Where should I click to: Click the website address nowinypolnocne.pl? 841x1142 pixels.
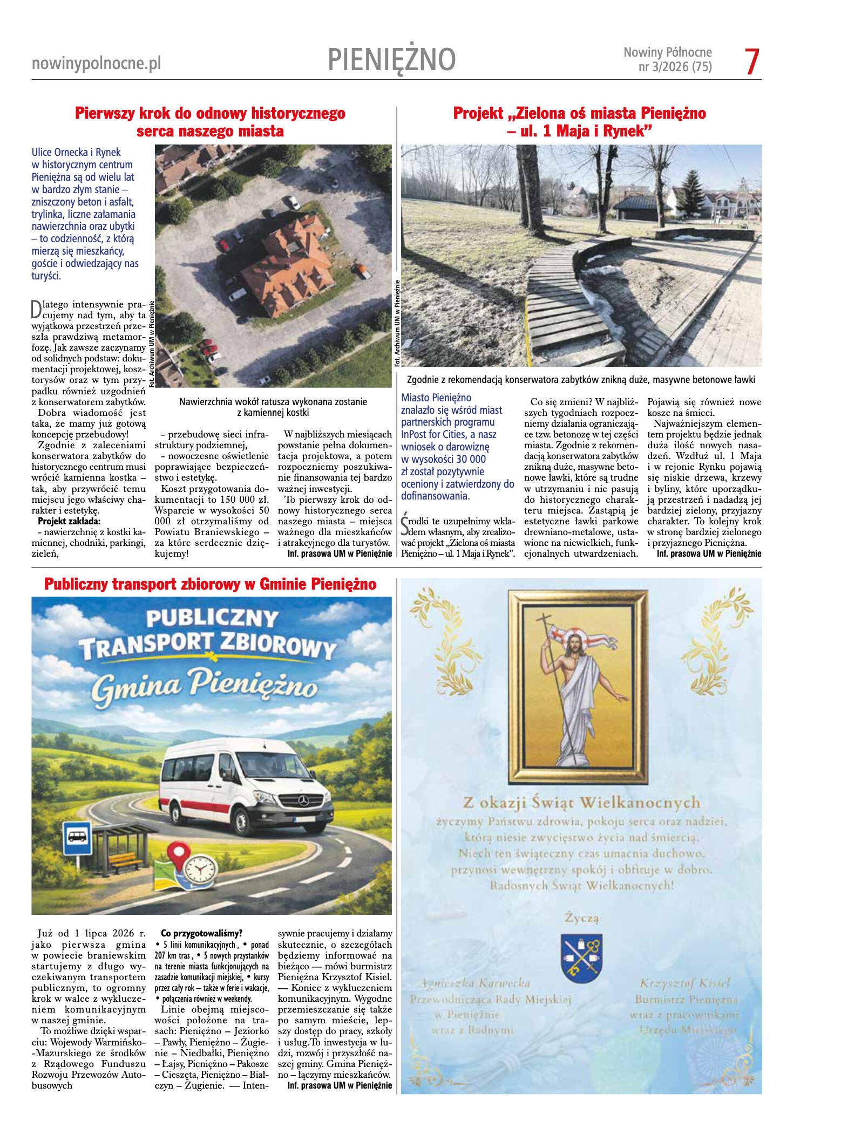click(x=96, y=64)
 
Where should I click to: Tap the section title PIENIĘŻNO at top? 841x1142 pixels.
click(x=391, y=59)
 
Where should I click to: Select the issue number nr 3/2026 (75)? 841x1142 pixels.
click(x=675, y=67)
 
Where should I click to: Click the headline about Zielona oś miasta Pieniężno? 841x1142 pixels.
click(x=579, y=121)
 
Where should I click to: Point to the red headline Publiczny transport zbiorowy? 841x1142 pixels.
click(x=210, y=584)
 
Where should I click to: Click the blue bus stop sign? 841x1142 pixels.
click(x=77, y=838)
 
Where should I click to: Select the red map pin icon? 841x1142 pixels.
click(x=179, y=857)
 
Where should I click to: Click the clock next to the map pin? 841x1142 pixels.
click(x=201, y=869)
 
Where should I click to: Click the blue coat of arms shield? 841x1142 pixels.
click(x=581, y=958)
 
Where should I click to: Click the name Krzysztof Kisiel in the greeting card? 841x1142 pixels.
click(x=684, y=983)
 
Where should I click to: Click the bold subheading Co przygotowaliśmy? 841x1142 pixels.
click(x=201, y=933)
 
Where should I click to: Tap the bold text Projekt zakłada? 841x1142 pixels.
click(x=69, y=521)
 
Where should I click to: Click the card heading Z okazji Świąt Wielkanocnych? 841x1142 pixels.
click(x=581, y=803)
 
